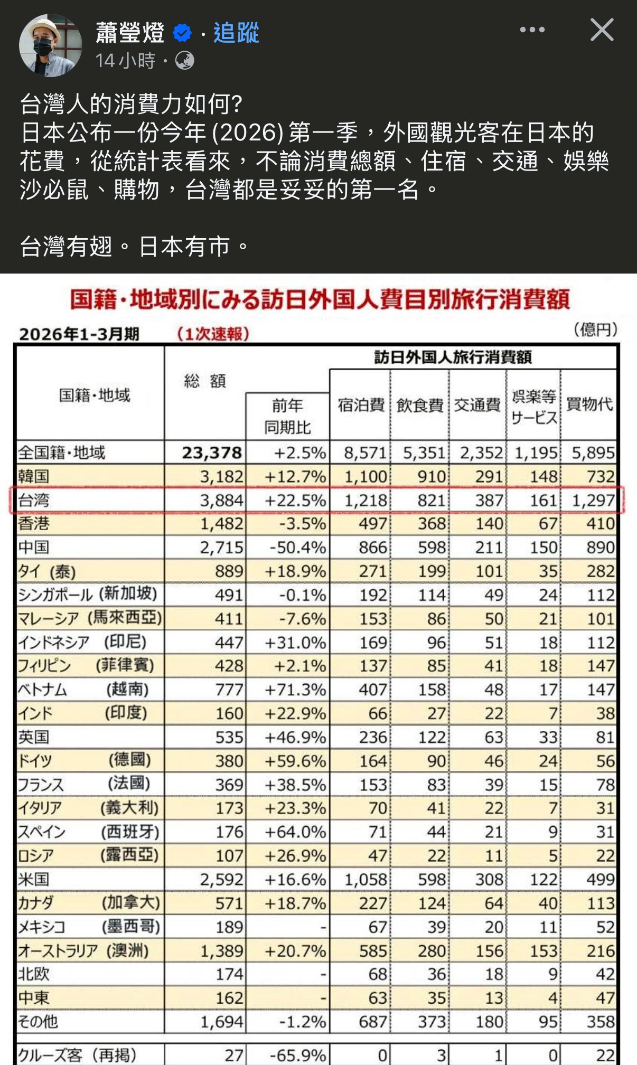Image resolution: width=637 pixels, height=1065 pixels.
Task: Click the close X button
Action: point(602,30)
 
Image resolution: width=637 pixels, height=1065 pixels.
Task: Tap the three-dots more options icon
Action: point(532,30)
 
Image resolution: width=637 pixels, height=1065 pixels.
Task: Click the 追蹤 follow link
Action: point(236,33)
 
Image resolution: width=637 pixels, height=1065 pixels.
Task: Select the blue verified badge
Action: point(182,33)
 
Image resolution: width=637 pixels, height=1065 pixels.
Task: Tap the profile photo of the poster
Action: point(50,45)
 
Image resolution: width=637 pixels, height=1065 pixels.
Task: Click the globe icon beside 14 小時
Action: point(184,61)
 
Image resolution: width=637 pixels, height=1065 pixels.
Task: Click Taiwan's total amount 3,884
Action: point(221,500)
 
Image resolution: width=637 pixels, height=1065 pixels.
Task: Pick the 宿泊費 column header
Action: point(361,405)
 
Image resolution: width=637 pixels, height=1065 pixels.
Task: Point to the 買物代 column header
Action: point(589,404)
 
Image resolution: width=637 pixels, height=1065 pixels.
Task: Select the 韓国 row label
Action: point(34,476)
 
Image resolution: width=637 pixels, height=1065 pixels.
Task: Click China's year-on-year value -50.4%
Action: point(297,548)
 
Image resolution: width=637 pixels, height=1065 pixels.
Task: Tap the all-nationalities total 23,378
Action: point(212,453)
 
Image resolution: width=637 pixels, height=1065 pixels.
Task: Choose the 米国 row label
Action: point(34,879)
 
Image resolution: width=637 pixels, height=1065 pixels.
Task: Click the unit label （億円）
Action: point(595,330)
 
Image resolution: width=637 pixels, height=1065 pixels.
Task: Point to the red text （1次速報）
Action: point(212,334)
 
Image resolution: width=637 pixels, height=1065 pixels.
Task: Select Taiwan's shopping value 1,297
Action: point(594,500)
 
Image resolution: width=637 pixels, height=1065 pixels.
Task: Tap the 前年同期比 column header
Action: point(287,416)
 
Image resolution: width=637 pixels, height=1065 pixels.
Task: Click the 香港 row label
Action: point(34,523)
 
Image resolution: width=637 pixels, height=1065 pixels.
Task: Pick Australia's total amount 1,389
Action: point(221,951)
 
